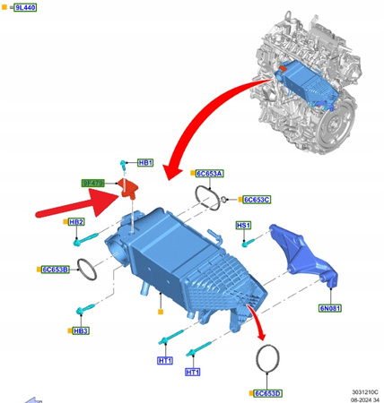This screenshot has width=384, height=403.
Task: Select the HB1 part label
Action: (145, 164)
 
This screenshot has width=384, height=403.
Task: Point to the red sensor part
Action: (130, 187)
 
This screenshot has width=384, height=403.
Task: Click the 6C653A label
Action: (210, 174)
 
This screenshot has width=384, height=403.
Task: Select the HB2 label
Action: (75, 222)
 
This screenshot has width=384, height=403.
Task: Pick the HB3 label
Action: (81, 330)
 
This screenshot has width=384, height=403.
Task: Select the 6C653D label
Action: (266, 392)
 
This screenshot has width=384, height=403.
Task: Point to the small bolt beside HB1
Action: (122, 165)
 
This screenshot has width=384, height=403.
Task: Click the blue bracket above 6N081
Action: (305, 253)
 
